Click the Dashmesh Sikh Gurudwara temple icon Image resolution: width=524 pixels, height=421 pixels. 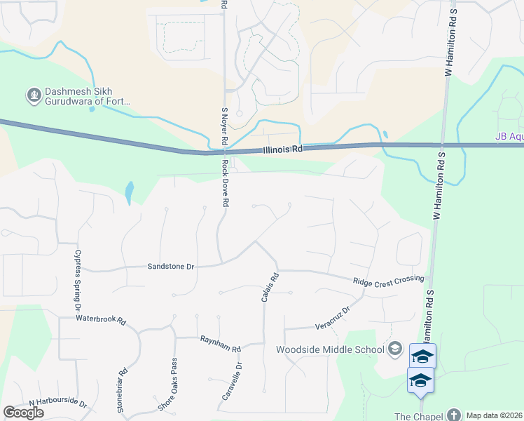point(33,94)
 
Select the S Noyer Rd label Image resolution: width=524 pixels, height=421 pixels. point(225,126)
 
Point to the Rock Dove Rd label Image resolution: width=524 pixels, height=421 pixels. point(226,183)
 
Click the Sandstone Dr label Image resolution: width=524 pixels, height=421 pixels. point(170,267)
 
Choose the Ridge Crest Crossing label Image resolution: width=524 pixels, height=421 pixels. point(389,279)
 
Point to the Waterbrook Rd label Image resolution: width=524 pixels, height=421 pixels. point(102,320)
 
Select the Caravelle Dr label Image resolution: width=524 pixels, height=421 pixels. point(232,382)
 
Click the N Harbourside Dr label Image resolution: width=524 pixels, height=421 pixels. point(57,404)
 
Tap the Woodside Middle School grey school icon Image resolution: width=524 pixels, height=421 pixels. point(395,349)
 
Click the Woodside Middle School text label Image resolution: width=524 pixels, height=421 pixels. point(330,349)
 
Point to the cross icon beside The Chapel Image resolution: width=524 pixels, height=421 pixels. point(454,415)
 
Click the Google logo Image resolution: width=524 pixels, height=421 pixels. point(23,413)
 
